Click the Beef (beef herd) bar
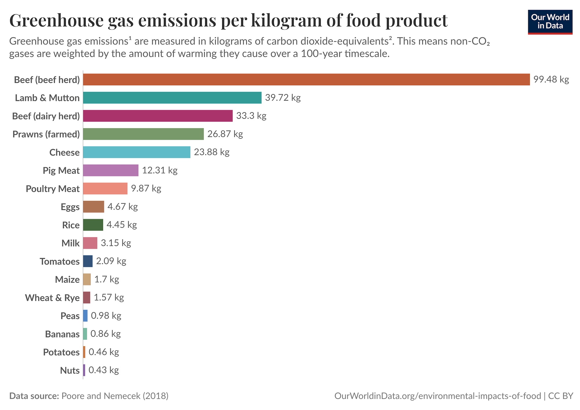coord(306,79)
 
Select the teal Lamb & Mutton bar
coord(172,98)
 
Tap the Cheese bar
coord(137,152)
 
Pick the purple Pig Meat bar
coord(110,170)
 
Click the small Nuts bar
coord(84,370)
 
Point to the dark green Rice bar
coord(93,225)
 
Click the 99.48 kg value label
coord(551,79)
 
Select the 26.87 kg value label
coord(225,134)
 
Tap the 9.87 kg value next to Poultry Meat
coord(146,188)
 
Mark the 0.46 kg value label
coord(104,352)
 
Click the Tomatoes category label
coord(59,262)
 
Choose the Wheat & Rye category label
coord(52,298)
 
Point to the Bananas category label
coord(62,334)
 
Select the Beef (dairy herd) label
coord(46,116)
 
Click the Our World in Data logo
coord(550,22)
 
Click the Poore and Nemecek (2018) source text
coord(115,396)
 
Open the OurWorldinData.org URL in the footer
coord(438,396)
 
